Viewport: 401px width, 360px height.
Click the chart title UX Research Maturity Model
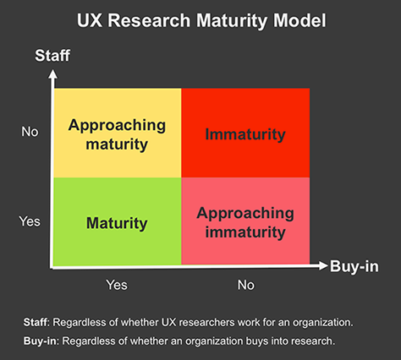point(200,20)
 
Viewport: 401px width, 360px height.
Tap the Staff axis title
point(51,57)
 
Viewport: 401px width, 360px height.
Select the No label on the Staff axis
point(30,132)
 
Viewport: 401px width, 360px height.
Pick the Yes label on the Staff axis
point(30,221)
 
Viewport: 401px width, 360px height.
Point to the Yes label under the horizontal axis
point(118,285)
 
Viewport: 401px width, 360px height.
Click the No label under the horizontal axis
point(245,285)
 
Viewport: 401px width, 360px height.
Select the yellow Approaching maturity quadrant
point(117,133)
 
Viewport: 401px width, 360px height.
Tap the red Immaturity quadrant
point(245,133)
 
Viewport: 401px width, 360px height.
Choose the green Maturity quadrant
point(117,223)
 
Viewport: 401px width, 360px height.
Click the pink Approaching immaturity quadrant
point(245,223)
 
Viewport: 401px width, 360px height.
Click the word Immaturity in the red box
point(245,134)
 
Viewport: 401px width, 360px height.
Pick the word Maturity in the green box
point(117,224)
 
